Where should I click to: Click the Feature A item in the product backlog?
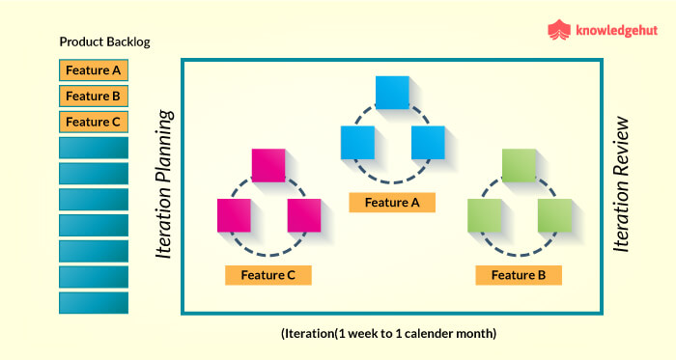[x=94, y=70]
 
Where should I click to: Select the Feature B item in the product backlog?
[x=94, y=97]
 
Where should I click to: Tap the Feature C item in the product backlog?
[x=94, y=123]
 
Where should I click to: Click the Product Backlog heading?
[x=105, y=42]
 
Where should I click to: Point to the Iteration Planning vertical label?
[x=165, y=184]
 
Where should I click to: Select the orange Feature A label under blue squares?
[x=392, y=202]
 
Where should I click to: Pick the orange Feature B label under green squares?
[x=519, y=275]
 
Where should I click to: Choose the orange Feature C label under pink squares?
[x=268, y=275]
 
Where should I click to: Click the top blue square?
[x=392, y=92]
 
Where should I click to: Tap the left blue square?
[x=357, y=143]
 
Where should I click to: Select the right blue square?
[x=427, y=143]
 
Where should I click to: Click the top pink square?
[x=268, y=165]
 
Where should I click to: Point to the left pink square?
[x=234, y=215]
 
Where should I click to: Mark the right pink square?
[x=303, y=215]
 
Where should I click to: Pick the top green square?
[x=519, y=165]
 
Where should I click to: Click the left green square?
[x=484, y=215]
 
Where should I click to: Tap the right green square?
[x=553, y=215]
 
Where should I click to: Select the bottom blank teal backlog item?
[x=94, y=303]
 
